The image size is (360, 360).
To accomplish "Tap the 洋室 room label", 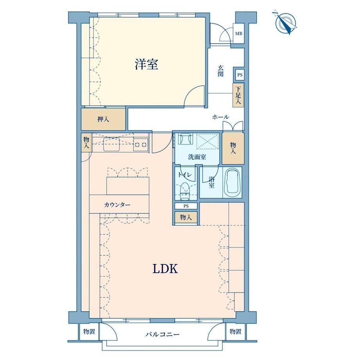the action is (146, 64).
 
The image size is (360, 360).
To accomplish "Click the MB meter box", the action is (238, 33).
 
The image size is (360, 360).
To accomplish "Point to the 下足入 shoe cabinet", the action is (238, 95).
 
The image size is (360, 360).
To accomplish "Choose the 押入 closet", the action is (103, 119).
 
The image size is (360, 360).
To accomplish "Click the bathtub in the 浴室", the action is (232, 182).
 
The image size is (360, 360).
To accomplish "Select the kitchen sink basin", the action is (112, 144).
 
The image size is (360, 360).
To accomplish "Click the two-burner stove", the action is (140, 144).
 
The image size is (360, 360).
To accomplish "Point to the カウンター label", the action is (117, 205).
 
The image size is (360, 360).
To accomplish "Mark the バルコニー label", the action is (162, 334).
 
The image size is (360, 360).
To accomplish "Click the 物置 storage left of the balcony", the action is (89, 331).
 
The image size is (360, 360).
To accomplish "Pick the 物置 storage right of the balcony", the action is (235, 331).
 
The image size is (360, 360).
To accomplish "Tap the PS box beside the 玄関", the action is (240, 75).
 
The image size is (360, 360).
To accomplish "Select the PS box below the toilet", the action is (186, 206).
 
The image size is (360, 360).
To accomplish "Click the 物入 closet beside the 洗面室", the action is (233, 148).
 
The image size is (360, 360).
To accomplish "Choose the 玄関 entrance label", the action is (220, 71).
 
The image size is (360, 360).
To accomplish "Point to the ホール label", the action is (220, 117).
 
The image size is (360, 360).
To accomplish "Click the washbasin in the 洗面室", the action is (186, 139).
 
